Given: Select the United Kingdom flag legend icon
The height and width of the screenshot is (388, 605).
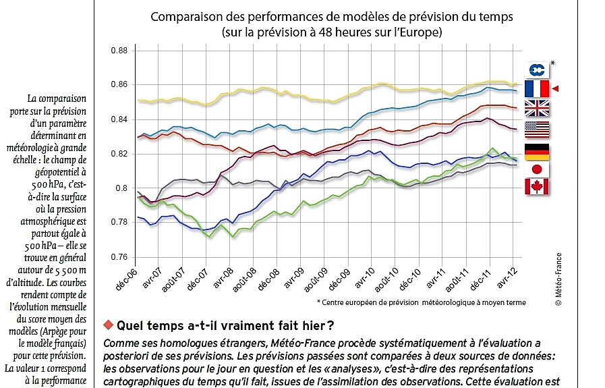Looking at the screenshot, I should coord(537,109).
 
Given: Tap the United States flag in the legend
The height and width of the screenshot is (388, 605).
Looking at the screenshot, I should coord(537,130).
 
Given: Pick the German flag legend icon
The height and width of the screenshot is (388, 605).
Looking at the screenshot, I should coord(537,151).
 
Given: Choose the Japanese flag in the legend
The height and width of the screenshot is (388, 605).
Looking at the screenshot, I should coord(537,169).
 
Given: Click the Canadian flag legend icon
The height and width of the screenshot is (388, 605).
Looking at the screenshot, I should coord(537,187).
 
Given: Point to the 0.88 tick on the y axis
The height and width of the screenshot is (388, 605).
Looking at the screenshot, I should coord(119,51).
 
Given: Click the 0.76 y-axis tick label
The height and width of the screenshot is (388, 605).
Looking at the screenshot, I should coord(119,257).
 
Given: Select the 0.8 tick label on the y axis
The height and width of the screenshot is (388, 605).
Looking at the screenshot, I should coord(121,188).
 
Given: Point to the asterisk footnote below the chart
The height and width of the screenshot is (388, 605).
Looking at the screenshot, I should coord(422,302).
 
